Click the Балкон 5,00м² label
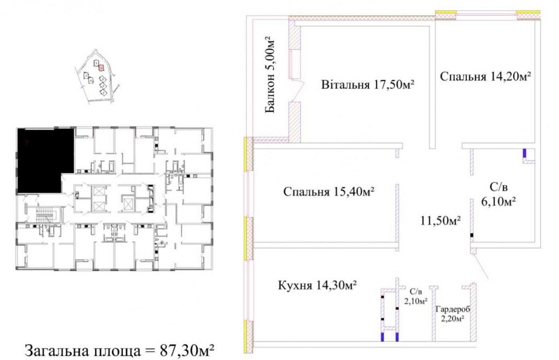click(271, 75)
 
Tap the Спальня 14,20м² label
click(485, 76)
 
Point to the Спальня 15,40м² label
click(329, 192)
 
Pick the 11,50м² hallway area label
click(441, 220)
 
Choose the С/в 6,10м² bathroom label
click(499, 193)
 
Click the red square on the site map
click(101, 67)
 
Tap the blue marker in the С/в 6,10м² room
click(524, 153)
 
